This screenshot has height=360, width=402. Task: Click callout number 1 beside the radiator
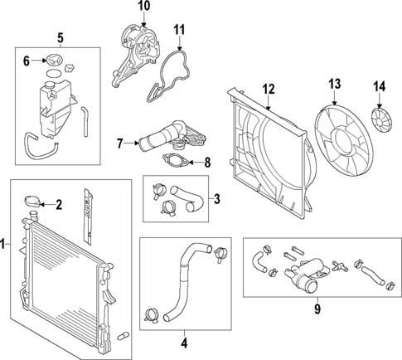pos(5,244)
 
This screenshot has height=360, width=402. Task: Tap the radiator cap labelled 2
pos(35,202)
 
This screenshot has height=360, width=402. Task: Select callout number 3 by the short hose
pos(216,198)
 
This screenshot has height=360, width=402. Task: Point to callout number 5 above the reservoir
pos(59,37)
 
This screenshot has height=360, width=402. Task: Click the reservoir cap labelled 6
pos(55,61)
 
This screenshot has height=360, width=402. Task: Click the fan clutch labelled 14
pos(382,119)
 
